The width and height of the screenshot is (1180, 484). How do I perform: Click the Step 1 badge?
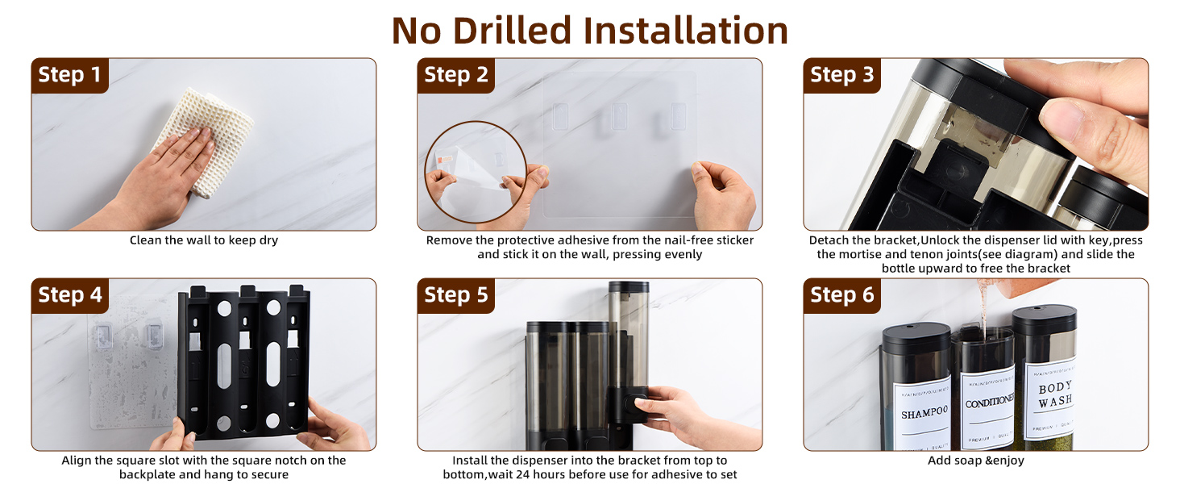(x=69, y=75)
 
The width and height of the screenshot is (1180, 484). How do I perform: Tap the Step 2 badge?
(x=455, y=75)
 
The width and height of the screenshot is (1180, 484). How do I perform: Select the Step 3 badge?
(x=841, y=75)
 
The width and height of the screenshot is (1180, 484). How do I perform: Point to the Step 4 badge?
(x=69, y=295)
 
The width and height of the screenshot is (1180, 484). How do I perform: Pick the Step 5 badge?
(x=455, y=295)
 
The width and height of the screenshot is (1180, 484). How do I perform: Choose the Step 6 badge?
(x=841, y=295)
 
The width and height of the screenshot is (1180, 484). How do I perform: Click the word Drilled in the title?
(x=512, y=31)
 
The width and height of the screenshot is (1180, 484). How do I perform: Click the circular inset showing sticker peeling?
(x=476, y=171)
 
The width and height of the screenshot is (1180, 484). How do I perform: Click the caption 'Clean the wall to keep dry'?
(x=204, y=240)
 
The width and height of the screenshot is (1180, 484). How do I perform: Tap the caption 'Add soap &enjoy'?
(x=975, y=461)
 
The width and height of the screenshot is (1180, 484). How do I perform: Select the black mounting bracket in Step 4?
(x=243, y=363)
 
